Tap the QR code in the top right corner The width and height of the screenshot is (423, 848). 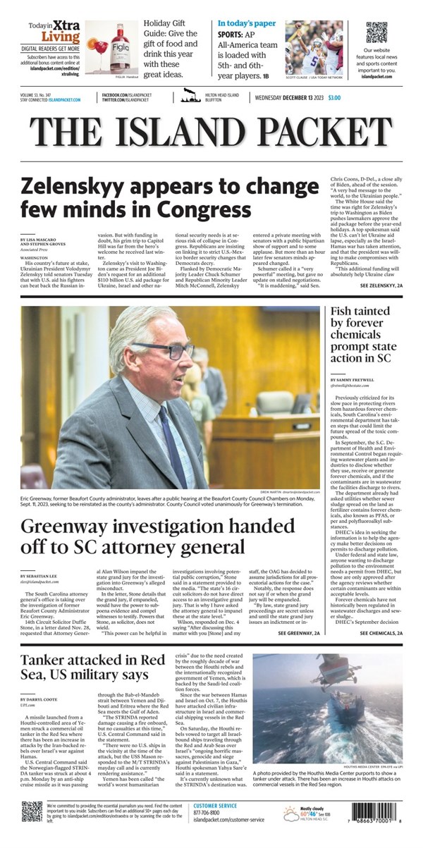376,32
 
